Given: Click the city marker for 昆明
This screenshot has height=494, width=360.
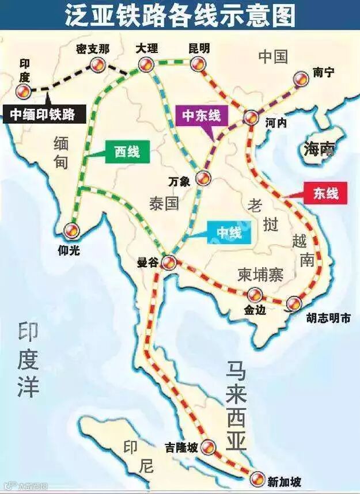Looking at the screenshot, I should [198, 64].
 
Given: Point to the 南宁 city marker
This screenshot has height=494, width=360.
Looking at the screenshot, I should [300, 79].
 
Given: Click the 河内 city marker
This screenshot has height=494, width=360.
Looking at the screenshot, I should [251, 118].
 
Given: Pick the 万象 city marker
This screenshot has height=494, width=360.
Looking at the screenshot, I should [203, 178].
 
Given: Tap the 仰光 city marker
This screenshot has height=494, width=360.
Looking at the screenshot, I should [72, 231].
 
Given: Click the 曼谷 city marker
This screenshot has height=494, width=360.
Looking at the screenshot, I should [168, 263].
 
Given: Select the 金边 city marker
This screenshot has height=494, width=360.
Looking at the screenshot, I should [255, 295].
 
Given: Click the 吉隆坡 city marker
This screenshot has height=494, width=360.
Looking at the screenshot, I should [210, 446].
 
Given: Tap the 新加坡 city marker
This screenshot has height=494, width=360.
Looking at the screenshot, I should [259, 477].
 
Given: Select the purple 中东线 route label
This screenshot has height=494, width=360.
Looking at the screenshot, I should [202, 116].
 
